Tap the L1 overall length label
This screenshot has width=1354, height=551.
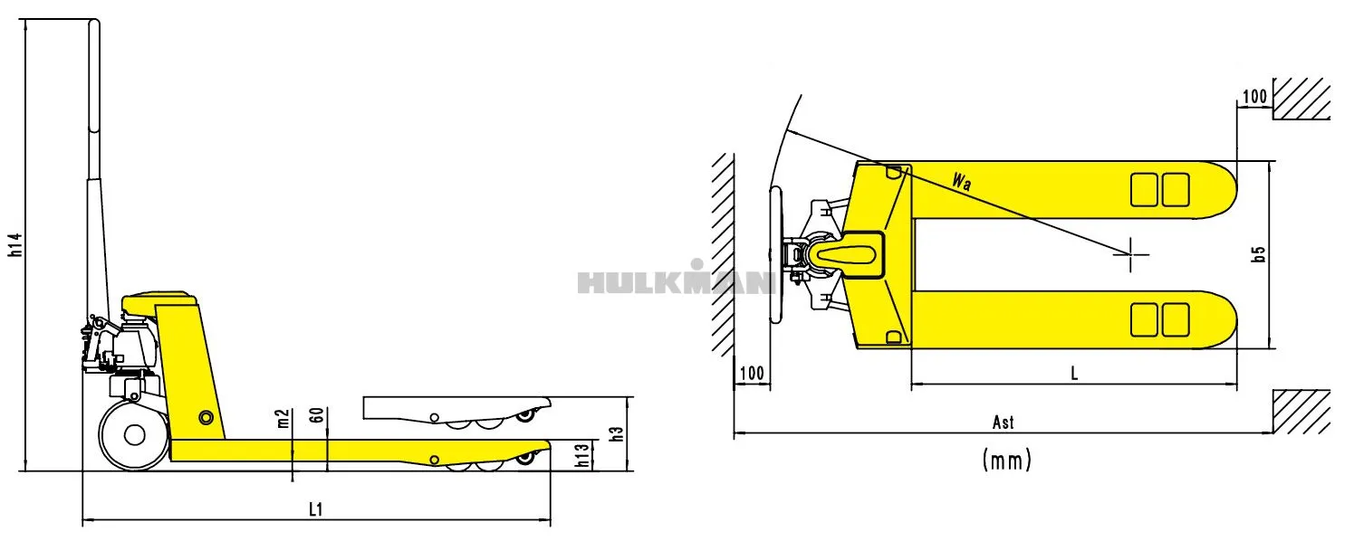click(x=315, y=509)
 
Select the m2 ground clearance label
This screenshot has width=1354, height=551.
click(x=283, y=419)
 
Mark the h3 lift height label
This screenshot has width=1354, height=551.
click(x=618, y=433)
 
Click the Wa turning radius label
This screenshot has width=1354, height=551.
click(x=963, y=181)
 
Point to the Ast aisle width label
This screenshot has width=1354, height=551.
click(x=1003, y=423)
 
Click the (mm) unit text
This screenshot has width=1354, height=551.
click(x=1006, y=461)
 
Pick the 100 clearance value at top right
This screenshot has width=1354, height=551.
click(x=1254, y=97)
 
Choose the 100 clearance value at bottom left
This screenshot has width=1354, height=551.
click(x=752, y=373)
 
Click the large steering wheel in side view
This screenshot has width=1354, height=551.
click(x=134, y=435)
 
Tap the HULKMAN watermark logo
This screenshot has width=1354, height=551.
click(x=675, y=280)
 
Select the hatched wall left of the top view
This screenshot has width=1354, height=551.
click(x=722, y=254)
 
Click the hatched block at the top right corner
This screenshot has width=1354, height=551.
click(x=1301, y=99)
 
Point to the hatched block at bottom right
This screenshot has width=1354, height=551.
click(x=1301, y=413)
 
